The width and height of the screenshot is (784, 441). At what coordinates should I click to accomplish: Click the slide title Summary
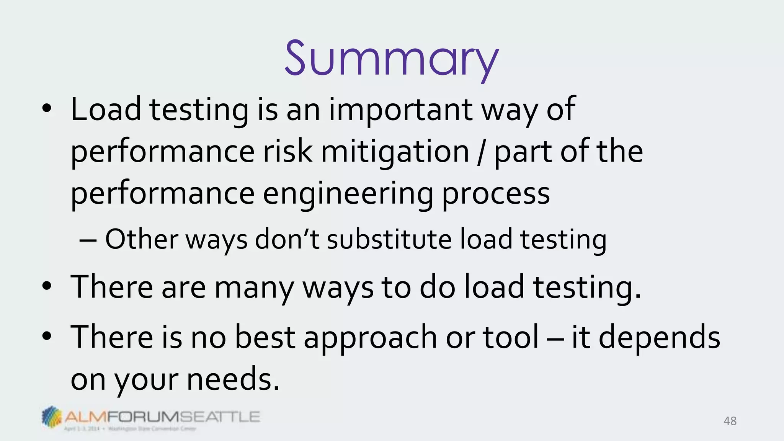391,59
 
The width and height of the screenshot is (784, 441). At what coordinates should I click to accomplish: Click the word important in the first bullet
400,110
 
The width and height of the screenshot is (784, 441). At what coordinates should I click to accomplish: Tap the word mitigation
395,152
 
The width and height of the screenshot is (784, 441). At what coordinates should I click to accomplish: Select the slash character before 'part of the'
481,152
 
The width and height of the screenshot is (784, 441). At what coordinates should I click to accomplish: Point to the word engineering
348,194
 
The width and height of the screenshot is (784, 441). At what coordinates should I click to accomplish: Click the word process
496,194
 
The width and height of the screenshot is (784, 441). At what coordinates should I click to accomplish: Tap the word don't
287,239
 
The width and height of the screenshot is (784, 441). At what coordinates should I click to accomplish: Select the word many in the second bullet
254,288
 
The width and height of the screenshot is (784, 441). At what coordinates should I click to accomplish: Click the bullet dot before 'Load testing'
47,109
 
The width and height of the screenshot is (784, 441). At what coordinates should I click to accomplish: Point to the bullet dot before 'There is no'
47,336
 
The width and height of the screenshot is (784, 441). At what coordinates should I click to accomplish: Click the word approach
370,338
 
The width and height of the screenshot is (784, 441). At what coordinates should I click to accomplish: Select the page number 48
730,421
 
